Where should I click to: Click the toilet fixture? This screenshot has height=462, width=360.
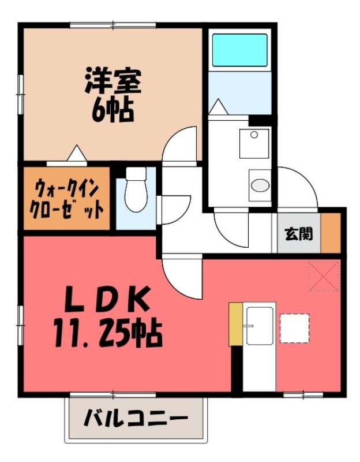(x=136, y=191)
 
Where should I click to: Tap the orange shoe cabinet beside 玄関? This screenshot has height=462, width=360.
(x=331, y=233)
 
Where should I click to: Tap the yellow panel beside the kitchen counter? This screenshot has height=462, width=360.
(x=235, y=325)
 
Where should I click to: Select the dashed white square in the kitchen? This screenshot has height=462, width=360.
(x=294, y=327)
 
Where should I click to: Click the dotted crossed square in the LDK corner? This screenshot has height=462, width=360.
(x=324, y=276)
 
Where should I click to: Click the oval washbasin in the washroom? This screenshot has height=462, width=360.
(x=260, y=186)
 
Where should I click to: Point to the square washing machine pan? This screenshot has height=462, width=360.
(x=254, y=143)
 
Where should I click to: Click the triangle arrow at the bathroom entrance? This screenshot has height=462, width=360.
(x=218, y=107)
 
